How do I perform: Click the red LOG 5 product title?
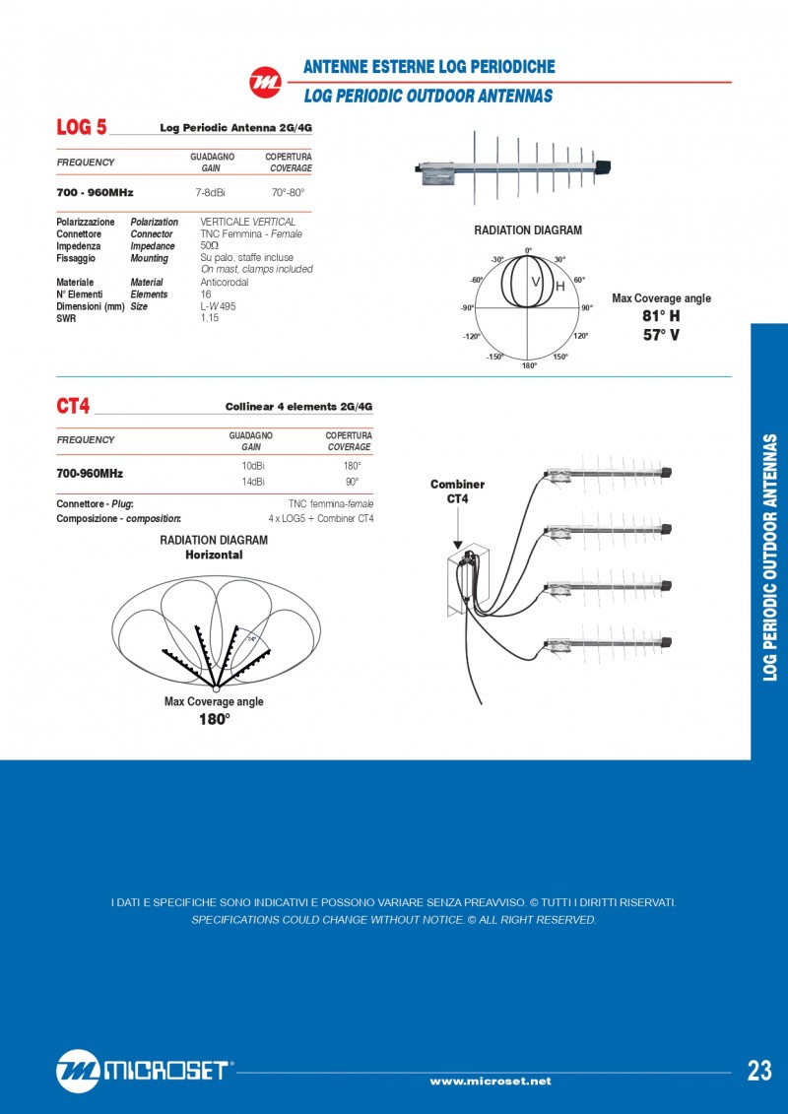point(82,127)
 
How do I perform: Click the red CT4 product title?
point(74,406)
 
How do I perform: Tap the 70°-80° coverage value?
point(289,193)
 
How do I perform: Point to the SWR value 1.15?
point(209,318)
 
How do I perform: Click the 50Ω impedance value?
point(210,245)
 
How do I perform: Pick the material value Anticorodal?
point(224,282)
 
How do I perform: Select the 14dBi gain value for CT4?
point(253,482)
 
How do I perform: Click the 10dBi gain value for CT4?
point(253,464)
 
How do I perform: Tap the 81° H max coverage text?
point(661,316)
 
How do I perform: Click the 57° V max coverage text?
point(661,335)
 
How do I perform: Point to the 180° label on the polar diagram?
point(529,365)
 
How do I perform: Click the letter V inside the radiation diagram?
point(537,283)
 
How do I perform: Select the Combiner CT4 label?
point(458,491)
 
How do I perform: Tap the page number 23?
point(759,1072)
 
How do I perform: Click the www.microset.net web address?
point(491,1081)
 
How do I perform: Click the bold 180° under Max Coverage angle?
point(214,720)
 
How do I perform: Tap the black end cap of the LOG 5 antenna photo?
point(604,164)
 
